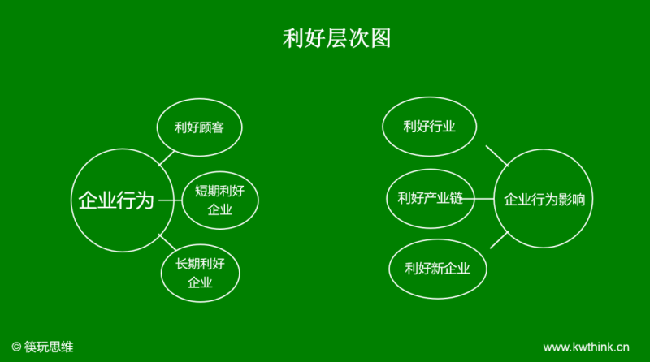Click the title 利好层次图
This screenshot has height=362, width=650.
click(x=336, y=38)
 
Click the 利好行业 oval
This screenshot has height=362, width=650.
click(x=429, y=127)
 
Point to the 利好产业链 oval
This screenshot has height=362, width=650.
click(x=430, y=199)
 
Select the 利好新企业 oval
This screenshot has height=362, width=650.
click(x=437, y=269)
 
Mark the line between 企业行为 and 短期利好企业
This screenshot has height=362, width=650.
click(x=168, y=200)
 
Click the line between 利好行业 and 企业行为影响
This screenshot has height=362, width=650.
click(x=496, y=156)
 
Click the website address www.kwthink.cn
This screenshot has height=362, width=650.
click(x=587, y=347)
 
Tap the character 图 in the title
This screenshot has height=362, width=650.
click(x=380, y=38)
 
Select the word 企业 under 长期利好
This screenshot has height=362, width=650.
click(x=200, y=283)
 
